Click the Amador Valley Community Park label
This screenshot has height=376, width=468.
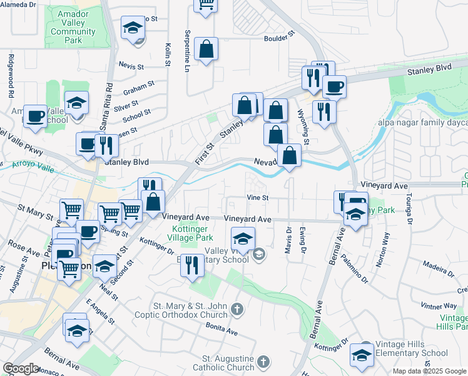[x=73, y=28]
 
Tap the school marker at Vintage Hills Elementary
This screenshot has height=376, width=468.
[x=362, y=355]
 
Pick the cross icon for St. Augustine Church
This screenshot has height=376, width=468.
[x=263, y=362]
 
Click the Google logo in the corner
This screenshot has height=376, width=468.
[x=20, y=368]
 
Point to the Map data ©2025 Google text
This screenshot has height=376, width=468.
[x=429, y=371]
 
